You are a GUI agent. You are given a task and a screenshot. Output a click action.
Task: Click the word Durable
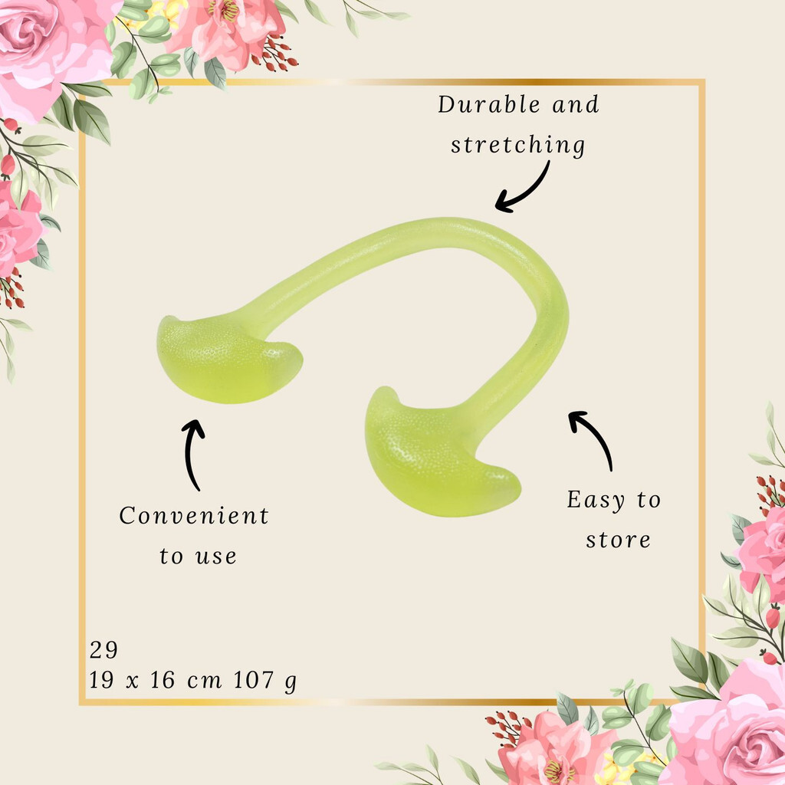pos(489,104)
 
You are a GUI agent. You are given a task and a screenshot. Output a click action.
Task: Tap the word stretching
pos(517,145)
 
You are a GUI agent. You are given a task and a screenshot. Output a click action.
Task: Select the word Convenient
pos(194,516)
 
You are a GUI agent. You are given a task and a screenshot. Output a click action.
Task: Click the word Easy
pos(596,500)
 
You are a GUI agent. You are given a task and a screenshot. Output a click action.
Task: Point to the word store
pos(619,540)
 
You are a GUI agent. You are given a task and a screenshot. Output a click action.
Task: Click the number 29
pos(103,650)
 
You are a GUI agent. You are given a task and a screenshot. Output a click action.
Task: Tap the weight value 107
pos(254,680)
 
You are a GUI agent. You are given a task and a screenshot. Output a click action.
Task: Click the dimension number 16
pos(163,680)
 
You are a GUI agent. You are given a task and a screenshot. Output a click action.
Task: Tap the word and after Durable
pos(576,104)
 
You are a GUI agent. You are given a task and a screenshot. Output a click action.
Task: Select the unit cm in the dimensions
pos(204,682)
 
